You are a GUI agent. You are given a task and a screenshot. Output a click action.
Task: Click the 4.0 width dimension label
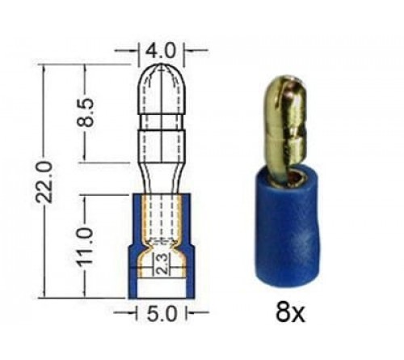(x=159, y=49)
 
